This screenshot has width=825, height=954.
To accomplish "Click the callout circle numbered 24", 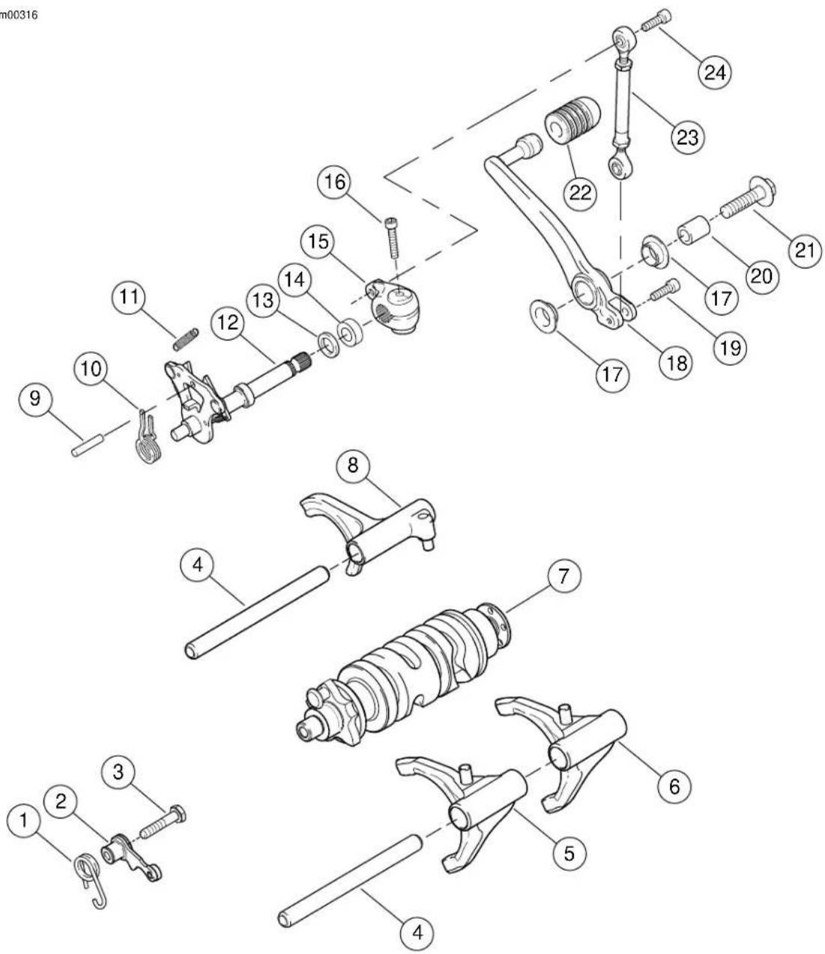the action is point(715,72).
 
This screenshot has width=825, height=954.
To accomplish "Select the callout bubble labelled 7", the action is point(563,576).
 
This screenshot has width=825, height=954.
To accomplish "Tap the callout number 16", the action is point(334,181).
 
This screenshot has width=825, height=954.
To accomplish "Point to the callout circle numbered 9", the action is point(35,398).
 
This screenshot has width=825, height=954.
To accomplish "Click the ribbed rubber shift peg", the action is point(572,121).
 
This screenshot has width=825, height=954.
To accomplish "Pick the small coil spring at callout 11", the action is point(186,339).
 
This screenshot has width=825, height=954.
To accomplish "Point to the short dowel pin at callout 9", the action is point(88,445).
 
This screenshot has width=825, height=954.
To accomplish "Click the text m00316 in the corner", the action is point(19,14).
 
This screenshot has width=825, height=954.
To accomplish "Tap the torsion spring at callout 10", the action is point(148,437).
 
